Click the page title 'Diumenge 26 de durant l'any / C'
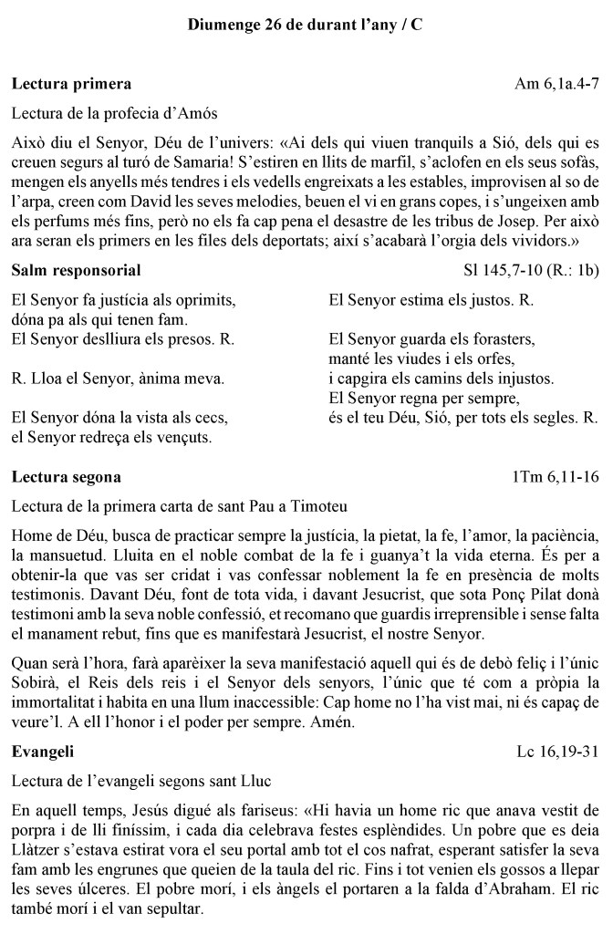[306, 26]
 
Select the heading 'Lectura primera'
[71, 84]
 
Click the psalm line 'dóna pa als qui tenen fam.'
[100, 319]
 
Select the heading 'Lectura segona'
[66, 477]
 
